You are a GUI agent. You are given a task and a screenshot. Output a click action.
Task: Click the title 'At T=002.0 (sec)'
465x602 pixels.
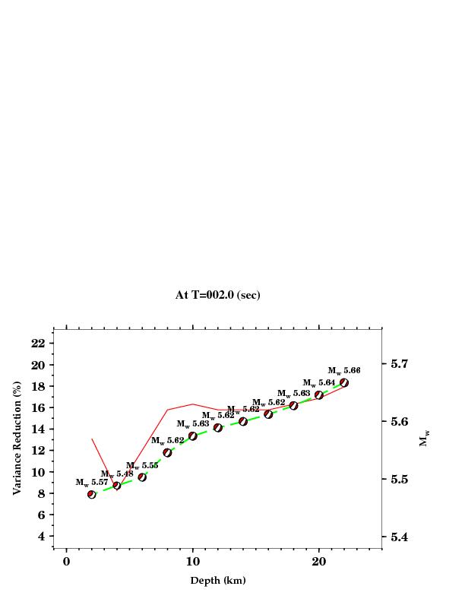pos(217,295)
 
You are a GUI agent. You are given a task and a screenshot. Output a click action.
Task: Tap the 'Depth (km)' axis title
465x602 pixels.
pos(217,581)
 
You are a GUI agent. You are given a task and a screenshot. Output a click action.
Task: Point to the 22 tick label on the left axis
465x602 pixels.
pos(37,344)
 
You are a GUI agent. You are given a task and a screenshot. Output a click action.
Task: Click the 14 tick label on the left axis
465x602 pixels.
pos(37,429)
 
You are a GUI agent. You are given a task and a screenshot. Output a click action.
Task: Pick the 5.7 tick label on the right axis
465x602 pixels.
pos(401,364)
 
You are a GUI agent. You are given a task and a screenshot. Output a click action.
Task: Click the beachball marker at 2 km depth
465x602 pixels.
pos(92,494)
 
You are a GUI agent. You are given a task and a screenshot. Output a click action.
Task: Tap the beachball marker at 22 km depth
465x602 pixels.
pos(344,383)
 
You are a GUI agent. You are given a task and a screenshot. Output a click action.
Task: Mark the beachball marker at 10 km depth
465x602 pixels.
pos(193,436)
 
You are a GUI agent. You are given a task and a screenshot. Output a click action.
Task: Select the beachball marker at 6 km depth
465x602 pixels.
pos(142,477)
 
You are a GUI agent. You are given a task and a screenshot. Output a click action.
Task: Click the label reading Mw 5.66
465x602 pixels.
pos(344,371)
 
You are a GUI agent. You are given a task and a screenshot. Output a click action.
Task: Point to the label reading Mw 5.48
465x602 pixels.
pos(117,474)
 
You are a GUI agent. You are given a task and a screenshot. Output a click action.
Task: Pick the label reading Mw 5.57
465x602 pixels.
pos(92,483)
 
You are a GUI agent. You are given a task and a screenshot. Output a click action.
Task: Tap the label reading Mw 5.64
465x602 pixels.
pos(319,383)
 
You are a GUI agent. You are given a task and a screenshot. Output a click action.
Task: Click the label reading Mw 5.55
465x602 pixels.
pos(142,466)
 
